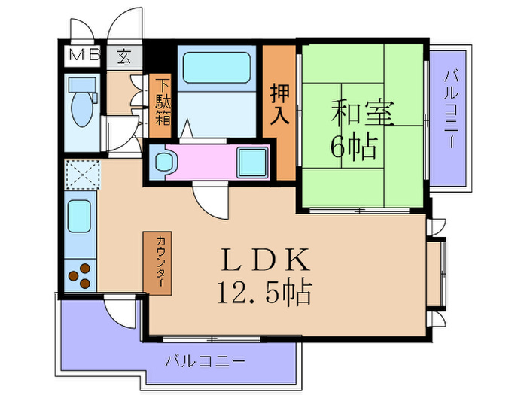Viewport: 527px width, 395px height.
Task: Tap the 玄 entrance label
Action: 122,55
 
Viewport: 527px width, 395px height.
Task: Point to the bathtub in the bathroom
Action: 218,67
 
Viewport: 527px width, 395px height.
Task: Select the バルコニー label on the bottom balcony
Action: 205,361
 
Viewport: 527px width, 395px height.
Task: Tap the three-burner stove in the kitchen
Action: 80,275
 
